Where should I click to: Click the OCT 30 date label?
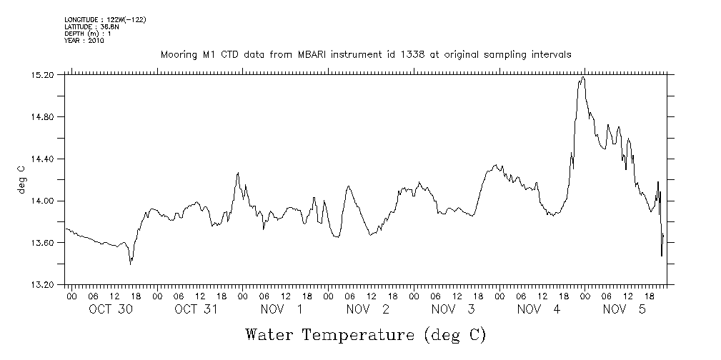click(x=110, y=309)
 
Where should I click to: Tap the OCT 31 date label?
click(x=196, y=309)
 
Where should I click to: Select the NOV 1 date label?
click(x=282, y=309)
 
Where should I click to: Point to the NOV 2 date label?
click(x=367, y=309)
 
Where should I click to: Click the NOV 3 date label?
click(x=453, y=309)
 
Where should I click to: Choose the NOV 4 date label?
click(x=539, y=309)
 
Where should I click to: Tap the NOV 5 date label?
click(x=625, y=309)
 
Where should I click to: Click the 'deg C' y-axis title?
click(x=22, y=179)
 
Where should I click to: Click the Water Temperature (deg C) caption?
click(x=365, y=335)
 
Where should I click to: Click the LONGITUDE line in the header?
click(x=95, y=19)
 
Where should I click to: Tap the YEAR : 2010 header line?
click(x=84, y=41)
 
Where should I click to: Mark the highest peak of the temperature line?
click(x=583, y=76)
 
